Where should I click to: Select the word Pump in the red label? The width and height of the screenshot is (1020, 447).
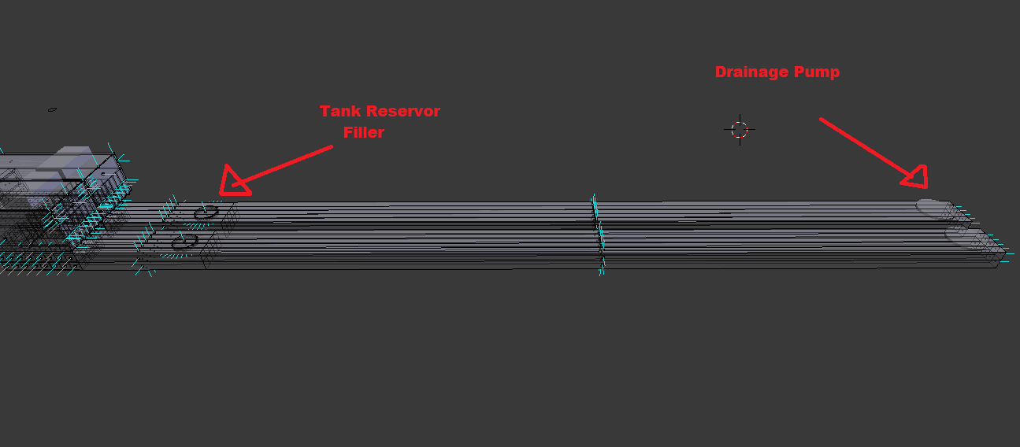[x=817, y=72]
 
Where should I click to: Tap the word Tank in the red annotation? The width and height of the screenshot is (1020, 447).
[x=340, y=111]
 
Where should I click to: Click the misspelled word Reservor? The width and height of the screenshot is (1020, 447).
[x=403, y=111]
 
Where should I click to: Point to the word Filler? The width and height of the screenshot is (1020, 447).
[x=364, y=132]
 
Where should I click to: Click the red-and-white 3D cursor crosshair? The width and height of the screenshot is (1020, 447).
[x=740, y=130]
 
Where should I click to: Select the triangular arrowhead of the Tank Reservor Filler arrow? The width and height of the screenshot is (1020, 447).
[x=234, y=182]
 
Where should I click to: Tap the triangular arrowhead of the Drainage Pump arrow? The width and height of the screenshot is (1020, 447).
[x=915, y=178]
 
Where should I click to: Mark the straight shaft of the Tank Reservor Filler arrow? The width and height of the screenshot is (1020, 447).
[x=282, y=166]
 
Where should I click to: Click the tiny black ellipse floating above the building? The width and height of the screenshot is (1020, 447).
[x=52, y=109]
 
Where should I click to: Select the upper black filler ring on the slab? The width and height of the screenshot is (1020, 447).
[x=206, y=212]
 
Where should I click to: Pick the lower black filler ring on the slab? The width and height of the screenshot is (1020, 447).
[x=185, y=242]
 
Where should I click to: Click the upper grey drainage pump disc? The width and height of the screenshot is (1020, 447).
[x=933, y=209]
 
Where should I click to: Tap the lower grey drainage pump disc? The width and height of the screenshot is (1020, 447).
[x=962, y=237]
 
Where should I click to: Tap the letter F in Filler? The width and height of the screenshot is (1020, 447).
[x=347, y=132]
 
